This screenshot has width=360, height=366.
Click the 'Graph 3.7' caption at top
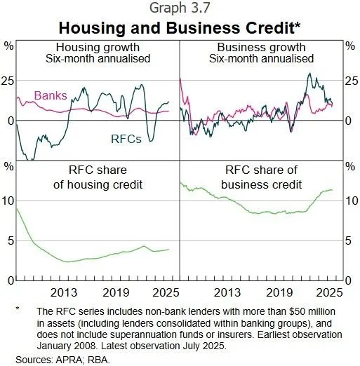click(180, 8)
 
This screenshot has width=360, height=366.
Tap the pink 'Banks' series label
click(51, 95)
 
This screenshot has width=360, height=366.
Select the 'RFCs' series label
click(126, 139)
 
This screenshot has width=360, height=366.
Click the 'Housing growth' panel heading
click(98, 48)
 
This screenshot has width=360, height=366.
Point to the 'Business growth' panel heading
click(261, 48)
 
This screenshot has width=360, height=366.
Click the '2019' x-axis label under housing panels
click(116, 292)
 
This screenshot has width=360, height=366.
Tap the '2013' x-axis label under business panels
click(227, 292)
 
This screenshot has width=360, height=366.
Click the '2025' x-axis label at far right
click(330, 292)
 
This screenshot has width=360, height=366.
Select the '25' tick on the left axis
click(7, 81)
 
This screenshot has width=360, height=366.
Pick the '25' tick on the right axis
click(352, 81)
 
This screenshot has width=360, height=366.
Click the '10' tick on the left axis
click(8, 201)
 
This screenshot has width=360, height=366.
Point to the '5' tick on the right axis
click(348, 240)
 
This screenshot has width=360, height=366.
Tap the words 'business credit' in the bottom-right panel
click(261, 184)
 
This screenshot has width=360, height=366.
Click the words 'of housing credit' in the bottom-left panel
click(98, 184)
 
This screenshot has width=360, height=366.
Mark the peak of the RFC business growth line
click(310, 73)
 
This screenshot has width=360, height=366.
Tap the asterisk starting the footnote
click(18, 309)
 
